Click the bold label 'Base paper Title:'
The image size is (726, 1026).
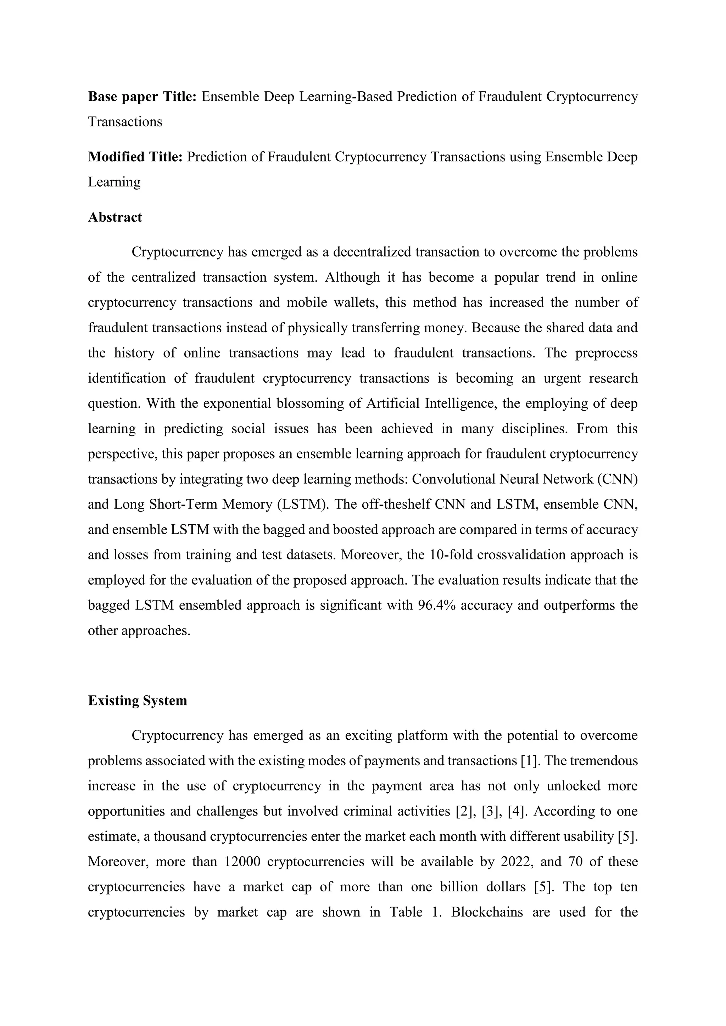click(142, 96)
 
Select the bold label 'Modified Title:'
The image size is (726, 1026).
click(135, 157)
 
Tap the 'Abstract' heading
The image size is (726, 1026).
click(115, 217)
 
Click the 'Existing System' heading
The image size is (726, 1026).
click(137, 700)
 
